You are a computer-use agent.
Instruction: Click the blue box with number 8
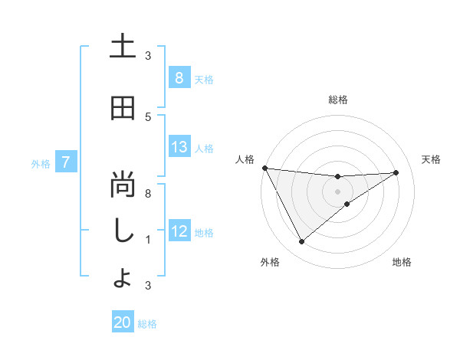pos(179,78)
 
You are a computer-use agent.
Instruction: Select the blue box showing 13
pos(179,148)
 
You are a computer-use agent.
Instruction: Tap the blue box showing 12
pos(179,231)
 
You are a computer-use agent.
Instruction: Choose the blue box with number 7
pos(66,162)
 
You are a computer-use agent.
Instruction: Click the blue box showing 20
pos(123,322)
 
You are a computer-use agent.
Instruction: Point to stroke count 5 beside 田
pos(148,116)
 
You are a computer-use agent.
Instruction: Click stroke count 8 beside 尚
pos(148,194)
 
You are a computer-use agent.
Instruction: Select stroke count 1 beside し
pos(148,240)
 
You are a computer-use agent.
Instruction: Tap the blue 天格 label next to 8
pos(204,79)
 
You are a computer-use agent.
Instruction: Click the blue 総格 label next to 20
pos(147,323)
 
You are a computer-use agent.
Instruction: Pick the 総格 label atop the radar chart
pos(337,100)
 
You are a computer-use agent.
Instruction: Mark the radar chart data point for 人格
pos(265,168)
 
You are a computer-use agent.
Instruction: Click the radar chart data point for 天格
pos(396,172)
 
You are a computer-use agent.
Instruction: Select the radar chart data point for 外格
pos(301,242)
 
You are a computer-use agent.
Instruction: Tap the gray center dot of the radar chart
pos(337,191)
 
